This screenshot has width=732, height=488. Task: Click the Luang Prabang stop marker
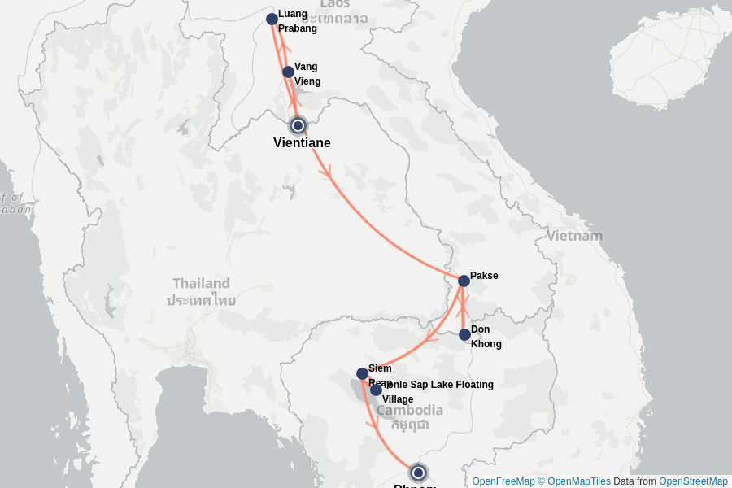click(x=272, y=20)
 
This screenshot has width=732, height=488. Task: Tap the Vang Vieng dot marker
click(x=288, y=72)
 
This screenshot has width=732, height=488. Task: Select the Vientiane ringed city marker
click(x=298, y=125)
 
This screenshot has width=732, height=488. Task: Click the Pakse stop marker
click(x=464, y=281)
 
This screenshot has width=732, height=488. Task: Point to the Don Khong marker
click(x=464, y=334)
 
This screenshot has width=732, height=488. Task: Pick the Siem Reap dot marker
click(x=362, y=374)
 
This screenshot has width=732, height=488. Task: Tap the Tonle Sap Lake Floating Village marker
click(x=376, y=390)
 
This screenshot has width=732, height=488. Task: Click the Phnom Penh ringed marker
click(x=418, y=473)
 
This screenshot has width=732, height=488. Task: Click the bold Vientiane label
click(x=302, y=143)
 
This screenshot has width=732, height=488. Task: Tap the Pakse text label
click(x=484, y=276)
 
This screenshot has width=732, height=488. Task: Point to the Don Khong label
click(x=486, y=337)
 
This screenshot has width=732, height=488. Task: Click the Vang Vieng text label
click(x=307, y=74)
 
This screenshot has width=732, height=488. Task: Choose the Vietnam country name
click(x=574, y=236)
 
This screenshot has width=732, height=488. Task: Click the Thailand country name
click(x=201, y=284)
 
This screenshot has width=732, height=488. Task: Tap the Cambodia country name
click(x=409, y=411)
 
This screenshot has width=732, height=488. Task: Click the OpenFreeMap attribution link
click(x=503, y=481)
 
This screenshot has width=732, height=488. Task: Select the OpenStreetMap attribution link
click(x=693, y=481)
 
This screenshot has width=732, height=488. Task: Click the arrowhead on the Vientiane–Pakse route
click(x=326, y=171)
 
